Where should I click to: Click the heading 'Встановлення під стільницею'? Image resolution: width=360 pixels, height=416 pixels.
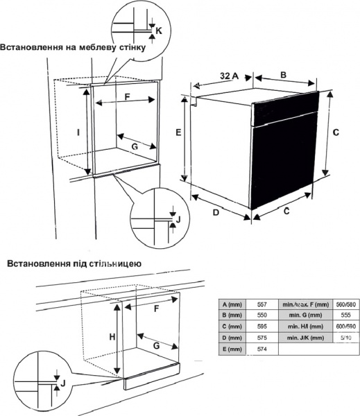tap(74, 263)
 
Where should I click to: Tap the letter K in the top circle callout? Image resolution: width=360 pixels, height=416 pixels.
tap(158, 31)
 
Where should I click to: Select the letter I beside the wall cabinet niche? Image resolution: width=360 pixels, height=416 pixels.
tap(78, 132)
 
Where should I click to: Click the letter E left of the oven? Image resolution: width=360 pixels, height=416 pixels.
tap(178, 132)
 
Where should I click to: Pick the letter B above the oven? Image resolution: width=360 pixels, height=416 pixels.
tap(283, 74)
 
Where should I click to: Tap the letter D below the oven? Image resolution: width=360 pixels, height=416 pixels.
tap(216, 212)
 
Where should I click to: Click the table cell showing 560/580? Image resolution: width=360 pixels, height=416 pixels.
tap(345, 304)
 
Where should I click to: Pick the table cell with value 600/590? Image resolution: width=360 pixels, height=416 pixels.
tap(345, 326)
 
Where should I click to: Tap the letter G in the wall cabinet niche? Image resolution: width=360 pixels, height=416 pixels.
tap(135, 146)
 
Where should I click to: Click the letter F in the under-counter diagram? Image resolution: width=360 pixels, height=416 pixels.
tap(155, 307)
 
